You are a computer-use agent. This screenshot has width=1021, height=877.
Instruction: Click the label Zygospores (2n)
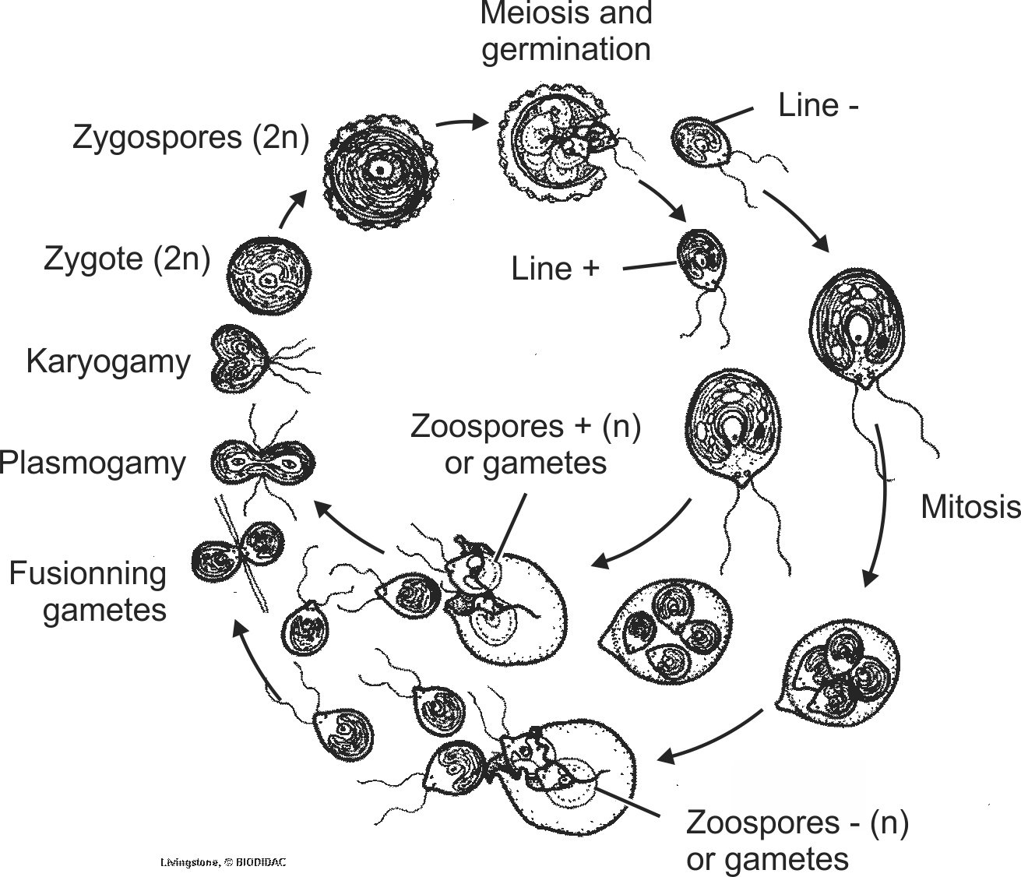point(191,138)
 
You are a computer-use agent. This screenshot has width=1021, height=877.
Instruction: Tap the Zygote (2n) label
point(127,259)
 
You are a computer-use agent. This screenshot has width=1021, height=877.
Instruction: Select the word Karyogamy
point(107,362)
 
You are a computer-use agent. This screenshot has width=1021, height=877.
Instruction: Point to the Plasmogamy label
point(93,463)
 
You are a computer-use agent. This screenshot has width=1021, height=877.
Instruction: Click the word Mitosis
point(970,507)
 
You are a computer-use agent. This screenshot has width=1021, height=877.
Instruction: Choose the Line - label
point(818,106)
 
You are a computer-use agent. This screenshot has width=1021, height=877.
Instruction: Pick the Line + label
point(555,269)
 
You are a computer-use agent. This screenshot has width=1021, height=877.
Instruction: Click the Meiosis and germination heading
point(566,31)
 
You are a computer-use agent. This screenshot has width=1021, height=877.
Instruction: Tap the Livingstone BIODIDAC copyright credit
point(217,862)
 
